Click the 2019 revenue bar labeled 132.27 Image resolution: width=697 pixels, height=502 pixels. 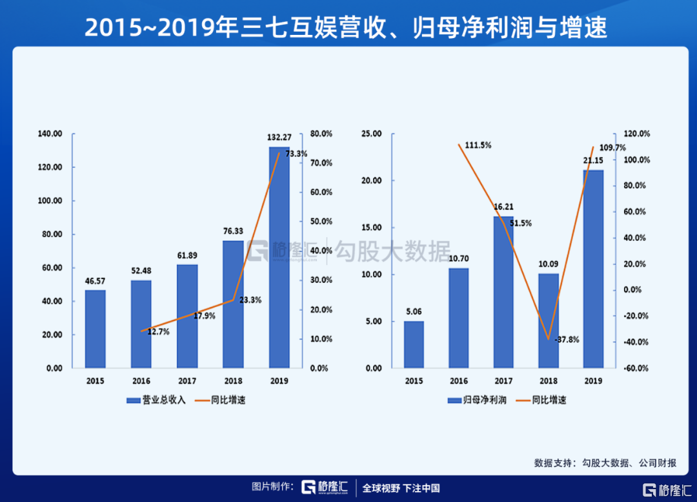pyautogui.click(x=279, y=258)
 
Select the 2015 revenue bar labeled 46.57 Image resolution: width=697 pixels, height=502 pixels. pyautogui.click(x=95, y=329)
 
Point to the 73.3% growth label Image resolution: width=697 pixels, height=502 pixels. pyautogui.click(x=296, y=154)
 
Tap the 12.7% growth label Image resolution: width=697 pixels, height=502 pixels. pyautogui.click(x=159, y=331)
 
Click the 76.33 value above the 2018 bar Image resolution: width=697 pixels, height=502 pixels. pyautogui.click(x=233, y=231)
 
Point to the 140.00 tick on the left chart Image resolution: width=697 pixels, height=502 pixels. pyautogui.click(x=50, y=134)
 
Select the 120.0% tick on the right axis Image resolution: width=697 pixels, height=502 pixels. pyautogui.click(x=636, y=134)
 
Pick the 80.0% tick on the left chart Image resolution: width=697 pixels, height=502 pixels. pyautogui.click(x=321, y=134)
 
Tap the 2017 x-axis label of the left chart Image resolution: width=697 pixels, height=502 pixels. pyautogui.click(x=187, y=381)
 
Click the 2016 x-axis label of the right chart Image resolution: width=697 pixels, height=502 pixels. pyautogui.click(x=458, y=381)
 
